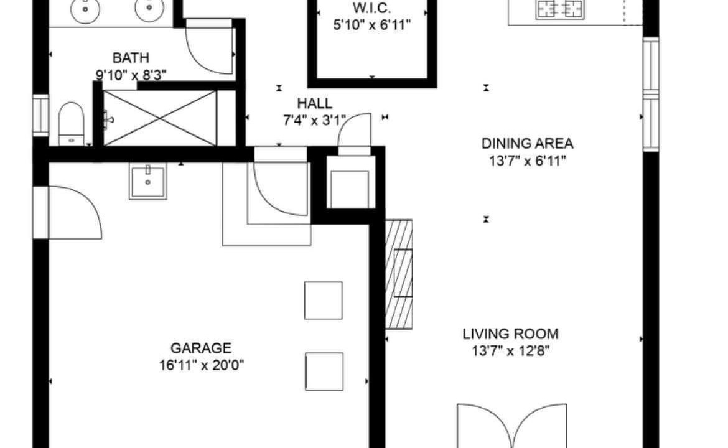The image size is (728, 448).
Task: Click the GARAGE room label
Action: [200, 348]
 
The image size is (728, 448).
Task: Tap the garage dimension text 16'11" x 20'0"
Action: [201, 365]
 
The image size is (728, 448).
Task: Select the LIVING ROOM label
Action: [510, 334]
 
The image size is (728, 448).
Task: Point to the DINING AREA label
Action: [527, 144]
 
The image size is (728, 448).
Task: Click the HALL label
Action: [314, 103]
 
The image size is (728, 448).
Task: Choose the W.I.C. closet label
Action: [371, 8]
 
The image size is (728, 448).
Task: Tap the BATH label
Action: [131, 58]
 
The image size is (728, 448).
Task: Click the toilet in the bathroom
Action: [71, 123]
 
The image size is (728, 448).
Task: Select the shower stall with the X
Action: [160, 118]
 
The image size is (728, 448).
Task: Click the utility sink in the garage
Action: [147, 181]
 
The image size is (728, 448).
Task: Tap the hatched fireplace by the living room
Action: [399, 274]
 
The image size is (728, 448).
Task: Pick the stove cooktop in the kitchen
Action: [560, 9]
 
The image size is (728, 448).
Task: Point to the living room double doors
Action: [512, 425]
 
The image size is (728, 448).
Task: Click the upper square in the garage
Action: [323, 301]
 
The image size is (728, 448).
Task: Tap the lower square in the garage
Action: [324, 371]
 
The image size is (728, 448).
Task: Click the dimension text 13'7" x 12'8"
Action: [511, 350]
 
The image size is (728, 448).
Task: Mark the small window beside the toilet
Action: [40, 115]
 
